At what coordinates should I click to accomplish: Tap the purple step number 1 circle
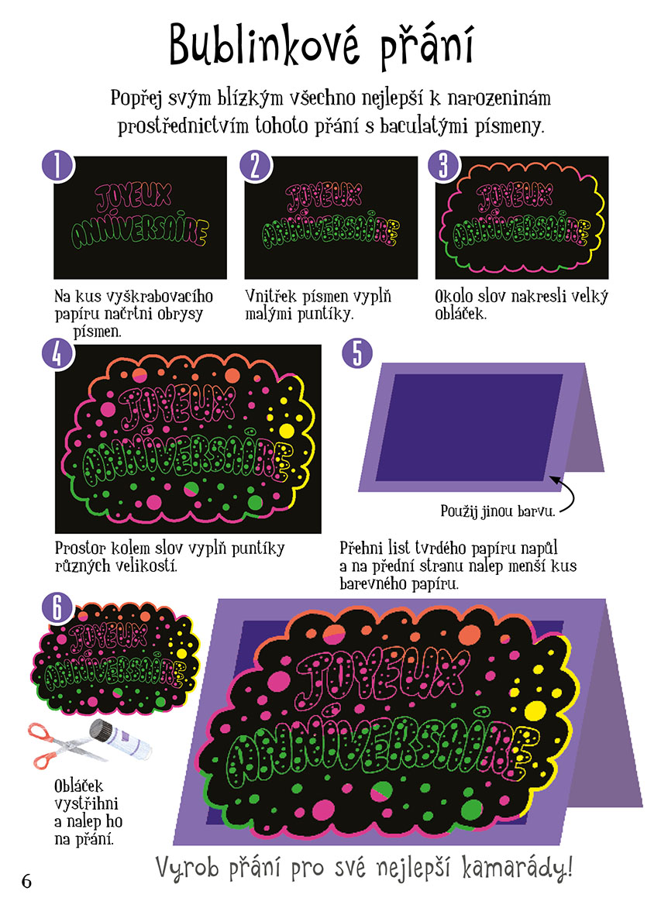click(58, 165)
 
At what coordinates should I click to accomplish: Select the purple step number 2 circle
click(255, 165)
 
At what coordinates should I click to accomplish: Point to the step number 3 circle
click(444, 165)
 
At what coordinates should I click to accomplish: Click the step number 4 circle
click(58, 353)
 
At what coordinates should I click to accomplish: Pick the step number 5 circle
click(357, 353)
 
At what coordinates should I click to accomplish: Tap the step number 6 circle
click(58, 607)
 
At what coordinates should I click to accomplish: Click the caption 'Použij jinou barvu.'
click(497, 511)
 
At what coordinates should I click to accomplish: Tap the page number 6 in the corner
click(26, 881)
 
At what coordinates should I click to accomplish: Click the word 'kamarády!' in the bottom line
click(517, 868)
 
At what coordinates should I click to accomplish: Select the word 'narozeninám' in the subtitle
click(499, 98)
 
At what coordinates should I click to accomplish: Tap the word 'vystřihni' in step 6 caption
click(86, 803)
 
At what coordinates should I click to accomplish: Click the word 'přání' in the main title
click(426, 46)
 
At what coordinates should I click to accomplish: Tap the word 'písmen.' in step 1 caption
click(98, 332)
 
